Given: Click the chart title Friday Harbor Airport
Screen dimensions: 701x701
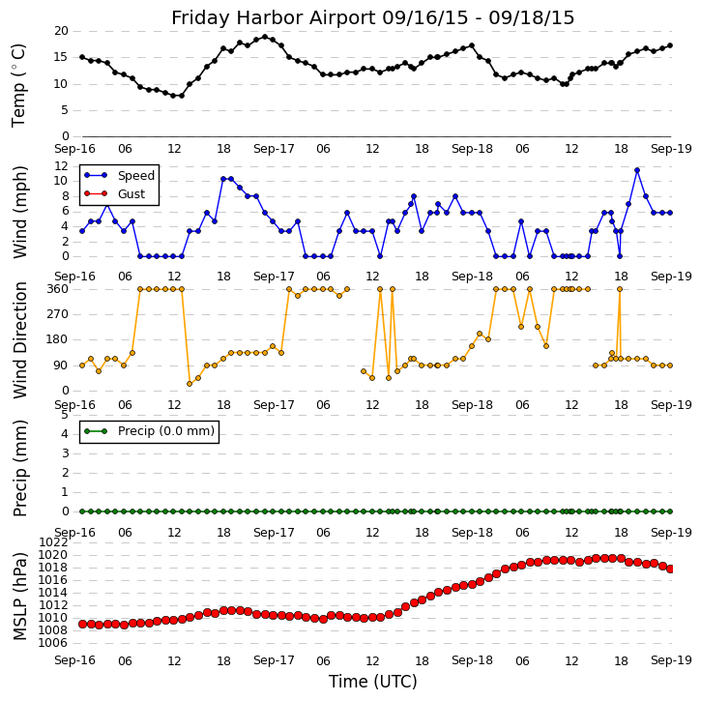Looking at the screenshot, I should [x=372, y=17].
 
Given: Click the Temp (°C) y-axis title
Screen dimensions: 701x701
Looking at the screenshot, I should [x=19, y=84].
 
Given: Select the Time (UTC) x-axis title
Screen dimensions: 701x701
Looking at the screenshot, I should [x=372, y=682].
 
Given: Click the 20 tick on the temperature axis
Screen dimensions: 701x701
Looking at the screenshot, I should [x=60, y=31].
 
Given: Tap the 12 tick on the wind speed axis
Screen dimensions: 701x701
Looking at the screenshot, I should [x=60, y=166].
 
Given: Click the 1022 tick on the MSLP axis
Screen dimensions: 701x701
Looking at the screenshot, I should [x=53, y=542].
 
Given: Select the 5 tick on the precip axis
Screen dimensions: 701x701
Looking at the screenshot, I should [x=64, y=415].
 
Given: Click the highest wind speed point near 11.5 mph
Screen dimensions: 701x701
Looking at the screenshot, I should [x=637, y=170].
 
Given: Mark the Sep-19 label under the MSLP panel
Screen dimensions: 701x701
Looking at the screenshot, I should [x=671, y=661].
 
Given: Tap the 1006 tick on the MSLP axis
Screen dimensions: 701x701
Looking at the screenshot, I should [x=53, y=643].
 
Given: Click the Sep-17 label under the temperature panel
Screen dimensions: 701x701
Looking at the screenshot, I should [x=274, y=150].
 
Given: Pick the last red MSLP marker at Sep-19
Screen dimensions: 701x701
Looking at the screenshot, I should [x=670, y=569].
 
